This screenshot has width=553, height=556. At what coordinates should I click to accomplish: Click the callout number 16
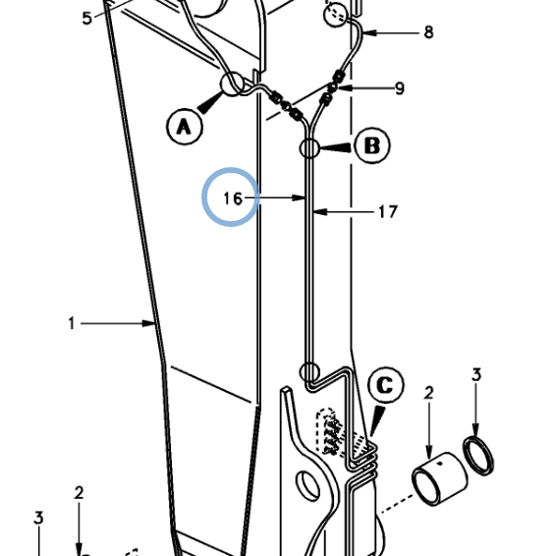[x=233, y=198]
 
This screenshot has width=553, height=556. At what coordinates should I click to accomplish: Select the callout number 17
[x=388, y=212]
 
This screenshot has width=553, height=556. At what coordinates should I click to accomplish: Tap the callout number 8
[x=428, y=32]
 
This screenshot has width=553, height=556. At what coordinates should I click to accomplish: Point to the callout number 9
[x=400, y=88]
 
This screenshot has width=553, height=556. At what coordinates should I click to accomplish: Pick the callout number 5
[x=86, y=19]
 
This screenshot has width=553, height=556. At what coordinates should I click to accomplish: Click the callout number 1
[x=72, y=323]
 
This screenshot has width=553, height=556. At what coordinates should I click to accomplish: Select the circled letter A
[x=185, y=127]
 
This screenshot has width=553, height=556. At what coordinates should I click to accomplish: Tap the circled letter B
[x=372, y=145]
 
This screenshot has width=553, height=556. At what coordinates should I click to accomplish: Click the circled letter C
[x=386, y=385]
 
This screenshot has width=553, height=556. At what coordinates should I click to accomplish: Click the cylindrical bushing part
[x=440, y=478]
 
